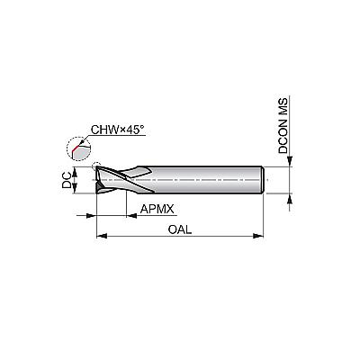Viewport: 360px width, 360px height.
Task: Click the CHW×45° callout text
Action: click(118, 130)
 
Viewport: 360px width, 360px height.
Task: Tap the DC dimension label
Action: click(67, 180)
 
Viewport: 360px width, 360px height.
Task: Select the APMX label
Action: click(157, 209)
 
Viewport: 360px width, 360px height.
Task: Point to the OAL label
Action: click(180, 229)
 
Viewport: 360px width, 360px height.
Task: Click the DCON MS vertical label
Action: click(283, 125)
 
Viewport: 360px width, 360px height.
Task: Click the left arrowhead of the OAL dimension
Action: click(102, 236)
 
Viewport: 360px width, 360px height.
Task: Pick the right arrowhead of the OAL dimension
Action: click(257, 236)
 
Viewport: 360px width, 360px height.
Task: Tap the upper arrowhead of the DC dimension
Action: click(75, 172)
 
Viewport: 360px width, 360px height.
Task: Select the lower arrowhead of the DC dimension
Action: click(75, 188)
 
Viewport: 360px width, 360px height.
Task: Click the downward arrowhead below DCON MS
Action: click(290, 161)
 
